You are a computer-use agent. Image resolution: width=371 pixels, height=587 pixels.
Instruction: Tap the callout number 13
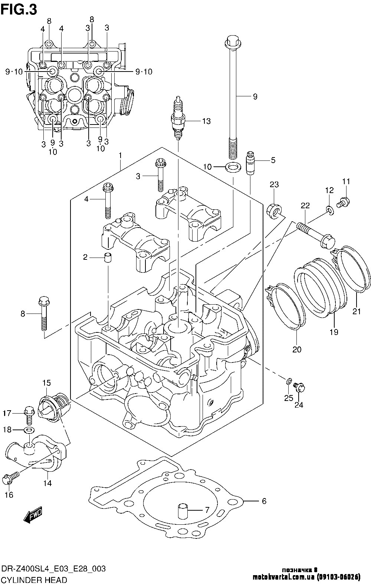[x=206, y=121]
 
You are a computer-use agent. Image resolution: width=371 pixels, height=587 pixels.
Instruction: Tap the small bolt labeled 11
[x=343, y=202]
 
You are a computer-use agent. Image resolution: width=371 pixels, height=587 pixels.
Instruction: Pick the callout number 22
[x=305, y=205]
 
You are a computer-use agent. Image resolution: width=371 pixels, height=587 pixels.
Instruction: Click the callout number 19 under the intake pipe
[x=334, y=332]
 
